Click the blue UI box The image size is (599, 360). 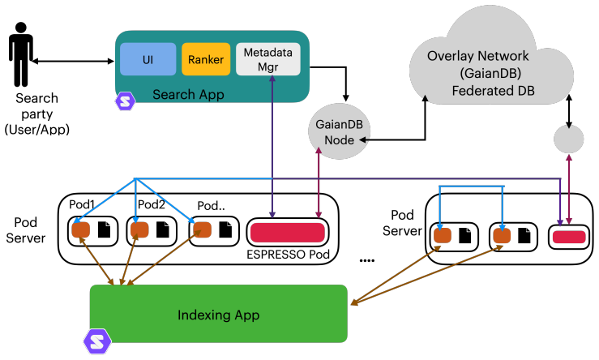pyautogui.click(x=148, y=59)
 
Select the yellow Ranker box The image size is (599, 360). pyautogui.click(x=206, y=59)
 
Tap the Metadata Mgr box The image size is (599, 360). pyautogui.click(x=268, y=59)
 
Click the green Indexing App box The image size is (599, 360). pyautogui.click(x=219, y=314)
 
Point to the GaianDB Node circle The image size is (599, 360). pyautogui.click(x=340, y=131)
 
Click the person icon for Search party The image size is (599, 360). pyautogui.click(x=20, y=54)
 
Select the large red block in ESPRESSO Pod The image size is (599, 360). pyautogui.click(x=288, y=233)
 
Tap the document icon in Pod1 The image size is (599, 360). pyautogui.click(x=104, y=229)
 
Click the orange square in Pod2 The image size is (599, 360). pyautogui.click(x=139, y=230)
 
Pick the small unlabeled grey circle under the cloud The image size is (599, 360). pyautogui.click(x=569, y=139)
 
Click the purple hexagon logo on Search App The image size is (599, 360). pyautogui.click(x=126, y=101)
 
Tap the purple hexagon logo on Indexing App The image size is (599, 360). pyautogui.click(x=97, y=341)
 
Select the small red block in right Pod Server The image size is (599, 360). pyautogui.click(x=569, y=237)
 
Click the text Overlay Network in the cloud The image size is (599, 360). pyautogui.click(x=478, y=56)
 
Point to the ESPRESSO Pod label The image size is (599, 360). pyautogui.click(x=288, y=255)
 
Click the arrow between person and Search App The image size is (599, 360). pyautogui.click(x=73, y=61)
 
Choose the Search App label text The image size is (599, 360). pyautogui.click(x=188, y=94)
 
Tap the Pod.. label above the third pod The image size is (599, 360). pyautogui.click(x=211, y=206)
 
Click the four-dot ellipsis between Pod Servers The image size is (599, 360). pyautogui.click(x=367, y=260)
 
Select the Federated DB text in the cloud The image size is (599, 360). pyautogui.click(x=493, y=91)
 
